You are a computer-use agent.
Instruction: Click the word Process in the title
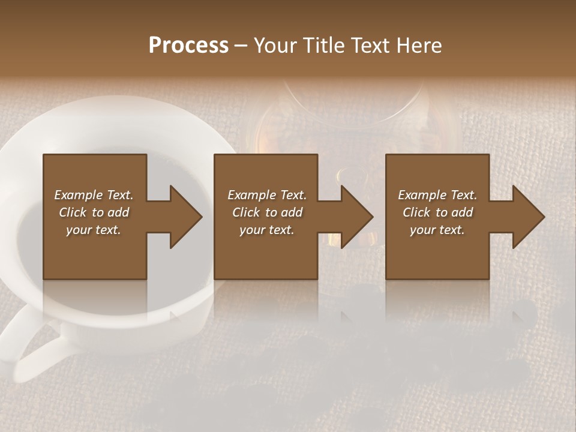[188, 46]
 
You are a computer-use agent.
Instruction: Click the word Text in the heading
[370, 46]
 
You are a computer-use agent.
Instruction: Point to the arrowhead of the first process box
[186, 217]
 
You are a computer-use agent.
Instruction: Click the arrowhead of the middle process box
[357, 217]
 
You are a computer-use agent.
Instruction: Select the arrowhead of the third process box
[529, 217]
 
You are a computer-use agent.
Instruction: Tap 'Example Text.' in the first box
[94, 195]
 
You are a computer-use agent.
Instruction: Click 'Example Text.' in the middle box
[267, 195]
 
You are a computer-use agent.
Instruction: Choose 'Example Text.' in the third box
[437, 195]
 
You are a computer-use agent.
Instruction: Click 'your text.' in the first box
[94, 230]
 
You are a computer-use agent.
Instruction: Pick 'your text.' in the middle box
[267, 230]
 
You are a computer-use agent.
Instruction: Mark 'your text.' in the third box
[437, 230]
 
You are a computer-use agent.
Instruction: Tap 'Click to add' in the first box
[94, 212]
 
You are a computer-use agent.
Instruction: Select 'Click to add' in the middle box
[267, 212]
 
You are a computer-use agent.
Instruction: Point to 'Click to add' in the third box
[437, 212]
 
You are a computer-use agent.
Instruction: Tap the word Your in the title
[274, 46]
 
